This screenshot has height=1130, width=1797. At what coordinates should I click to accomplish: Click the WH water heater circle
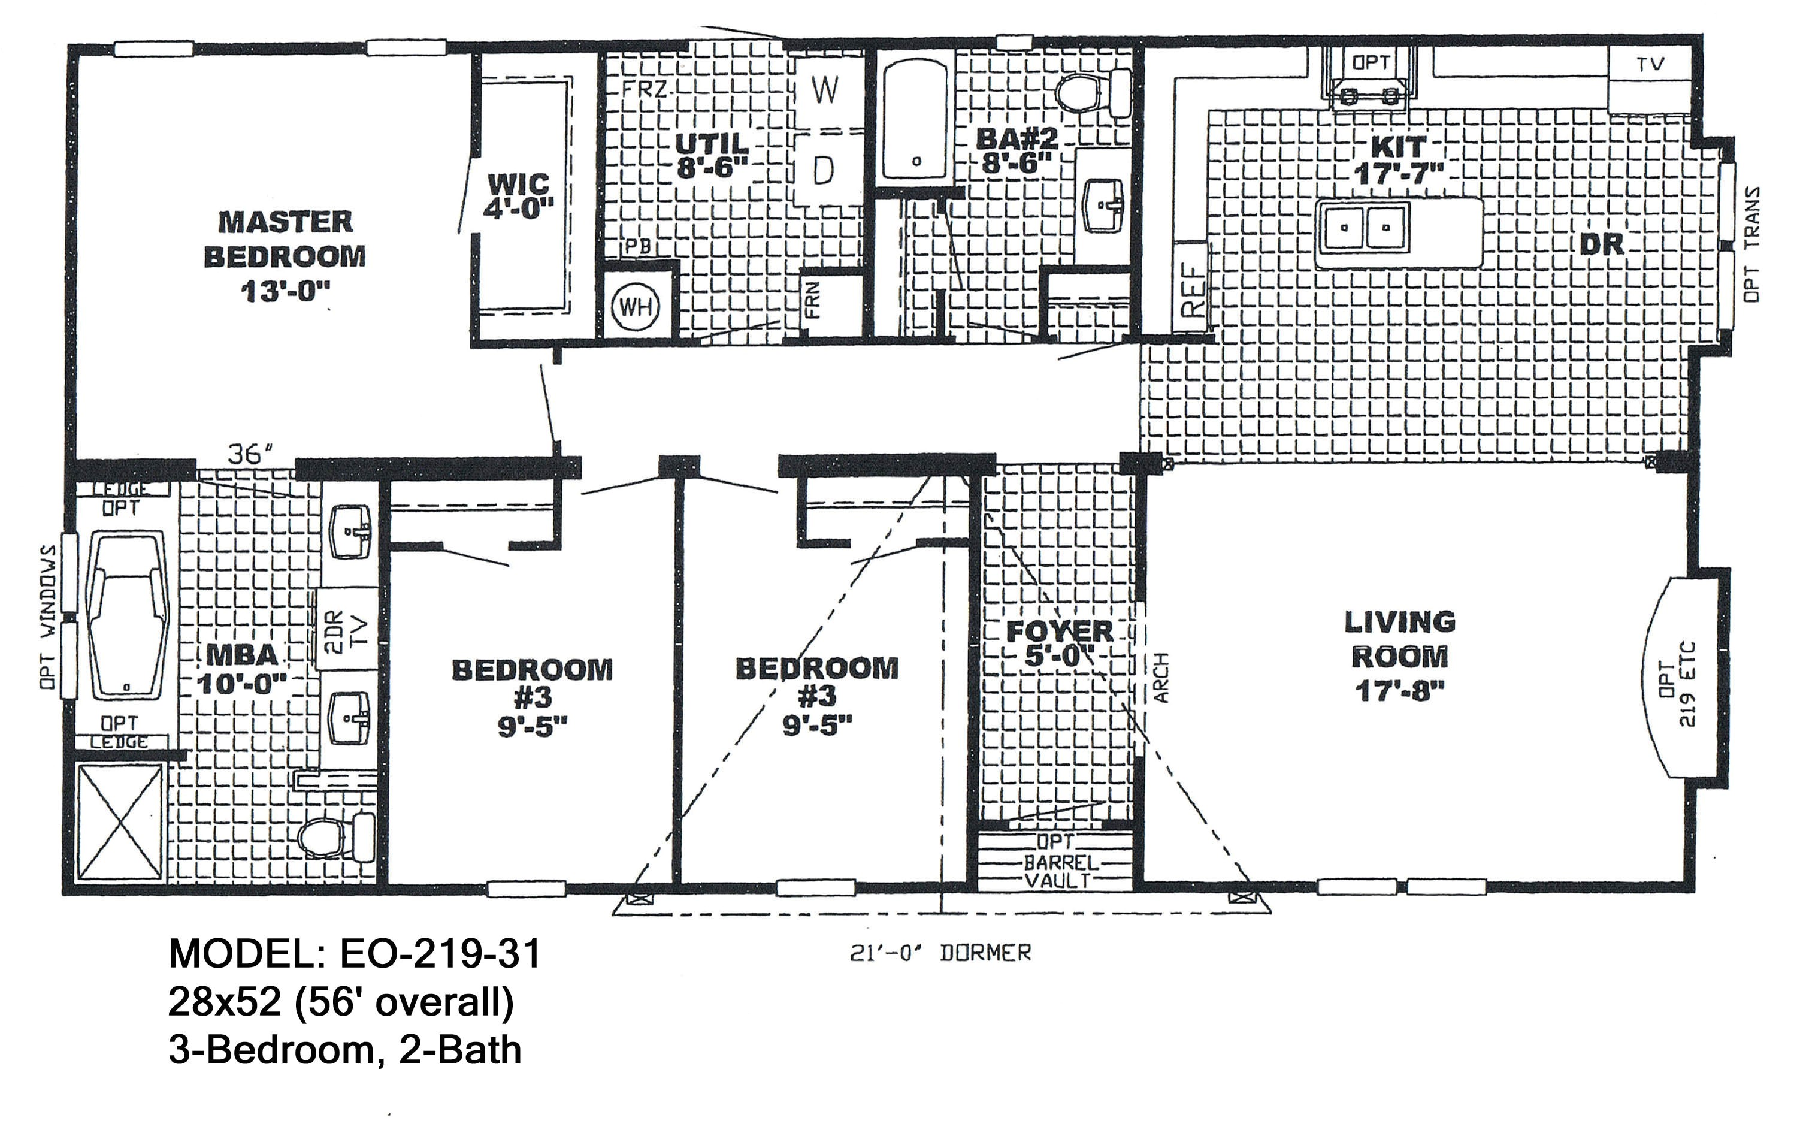pyautogui.click(x=635, y=307)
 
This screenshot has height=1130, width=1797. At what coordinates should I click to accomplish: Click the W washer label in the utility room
pyautogui.click(x=824, y=91)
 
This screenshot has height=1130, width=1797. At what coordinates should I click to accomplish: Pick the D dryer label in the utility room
pyautogui.click(x=823, y=171)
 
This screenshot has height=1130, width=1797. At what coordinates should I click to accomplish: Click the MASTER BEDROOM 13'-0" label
pyautogui.click(x=285, y=255)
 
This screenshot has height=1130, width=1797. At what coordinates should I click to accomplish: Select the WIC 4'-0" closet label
pyautogui.click(x=519, y=195)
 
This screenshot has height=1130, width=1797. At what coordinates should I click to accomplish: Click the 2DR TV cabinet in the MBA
pyautogui.click(x=346, y=629)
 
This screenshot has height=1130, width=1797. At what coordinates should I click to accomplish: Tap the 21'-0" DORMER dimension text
pyautogui.click(x=940, y=953)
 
